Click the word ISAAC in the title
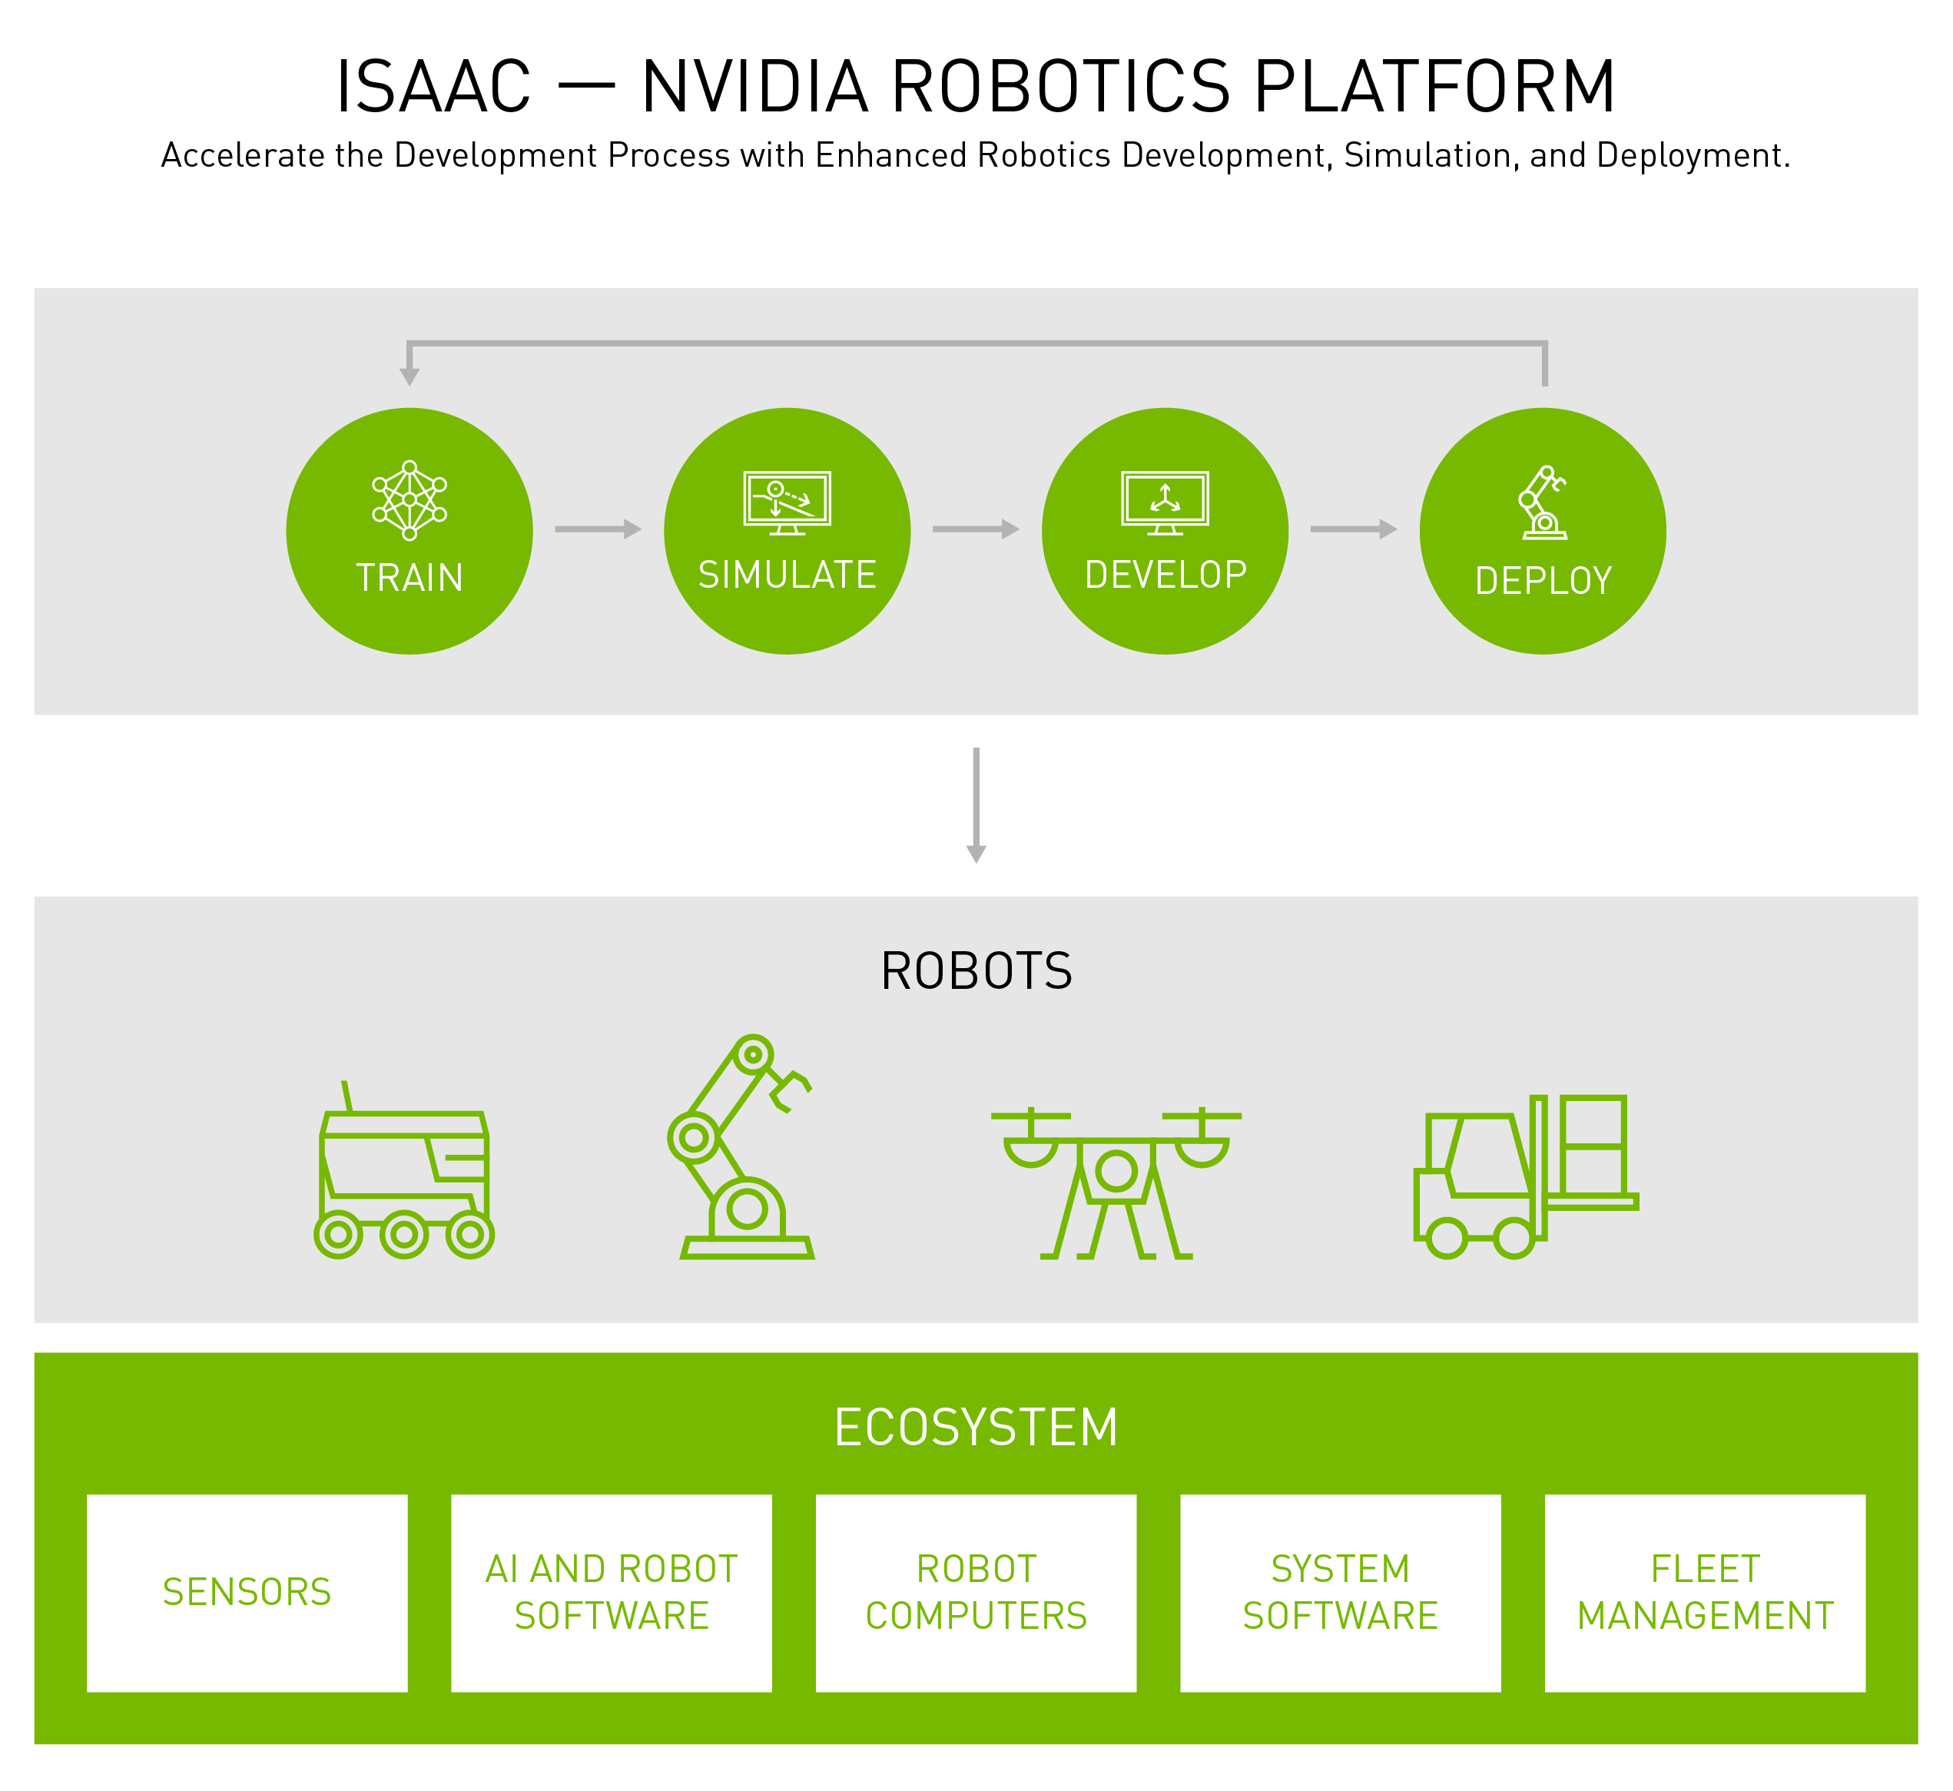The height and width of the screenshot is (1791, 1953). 433,88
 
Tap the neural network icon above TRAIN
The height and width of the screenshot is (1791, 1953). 410,500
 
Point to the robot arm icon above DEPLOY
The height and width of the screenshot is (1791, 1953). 1542,502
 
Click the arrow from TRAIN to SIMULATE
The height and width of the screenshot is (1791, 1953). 598,529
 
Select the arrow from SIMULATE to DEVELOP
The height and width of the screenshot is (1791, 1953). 976,529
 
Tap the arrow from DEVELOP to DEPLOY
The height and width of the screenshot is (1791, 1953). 1354,529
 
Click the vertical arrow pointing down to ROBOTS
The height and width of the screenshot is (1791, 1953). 976,805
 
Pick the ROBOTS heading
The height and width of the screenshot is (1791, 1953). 976,971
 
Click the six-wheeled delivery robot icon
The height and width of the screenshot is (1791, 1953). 404,1171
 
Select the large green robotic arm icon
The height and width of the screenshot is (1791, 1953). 741,1147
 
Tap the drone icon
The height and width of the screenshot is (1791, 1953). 1116,1183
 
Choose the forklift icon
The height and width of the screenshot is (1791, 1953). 1526,1176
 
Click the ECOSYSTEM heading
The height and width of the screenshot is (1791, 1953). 976,1428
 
